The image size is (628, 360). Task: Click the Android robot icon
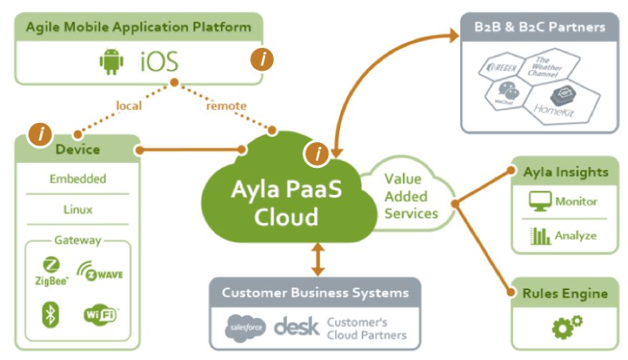tap(111, 61)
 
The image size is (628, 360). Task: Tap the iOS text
tap(158, 61)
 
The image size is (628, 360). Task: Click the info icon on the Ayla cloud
tap(317, 152)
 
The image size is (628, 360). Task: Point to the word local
tap(129, 106)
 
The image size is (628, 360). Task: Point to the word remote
tap(226, 106)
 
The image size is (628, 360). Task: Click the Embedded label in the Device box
tap(78, 179)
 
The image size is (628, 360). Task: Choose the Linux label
tap(78, 210)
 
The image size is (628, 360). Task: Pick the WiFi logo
tap(101, 314)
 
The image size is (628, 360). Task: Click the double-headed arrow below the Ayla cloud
tap(318, 261)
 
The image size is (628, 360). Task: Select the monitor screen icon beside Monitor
tap(540, 202)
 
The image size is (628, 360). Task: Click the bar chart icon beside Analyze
tap(540, 236)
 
